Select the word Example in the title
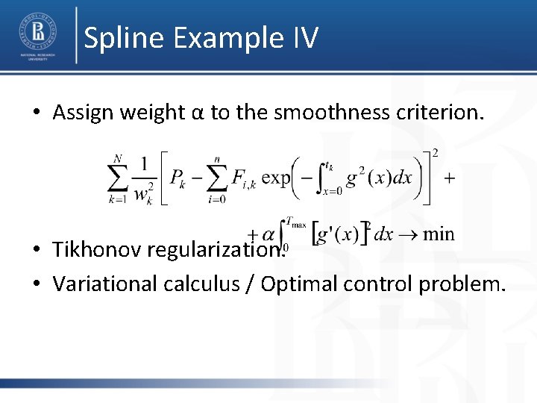(x=223, y=37)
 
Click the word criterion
(x=439, y=113)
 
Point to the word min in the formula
(x=438, y=234)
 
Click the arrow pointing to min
(x=408, y=234)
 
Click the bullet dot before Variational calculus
(x=36, y=284)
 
